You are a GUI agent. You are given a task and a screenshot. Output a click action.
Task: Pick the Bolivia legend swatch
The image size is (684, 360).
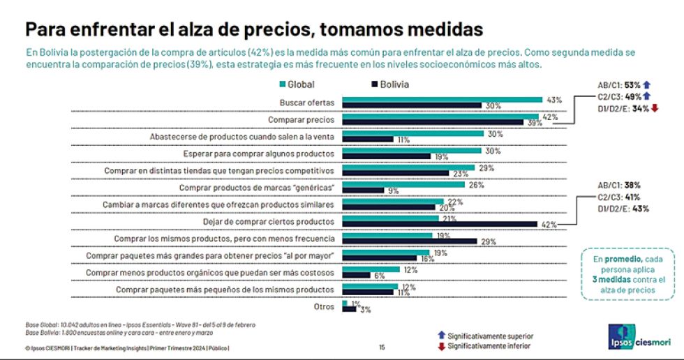tap(374, 84)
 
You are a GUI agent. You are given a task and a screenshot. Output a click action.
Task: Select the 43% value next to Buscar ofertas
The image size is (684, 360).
tap(554, 99)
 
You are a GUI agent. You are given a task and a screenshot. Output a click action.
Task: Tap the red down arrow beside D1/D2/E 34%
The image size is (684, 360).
tap(655, 108)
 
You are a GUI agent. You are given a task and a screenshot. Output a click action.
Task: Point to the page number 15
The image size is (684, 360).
tap(382, 347)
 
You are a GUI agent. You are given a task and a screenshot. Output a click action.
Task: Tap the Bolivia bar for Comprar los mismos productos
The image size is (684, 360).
tap(410, 241)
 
